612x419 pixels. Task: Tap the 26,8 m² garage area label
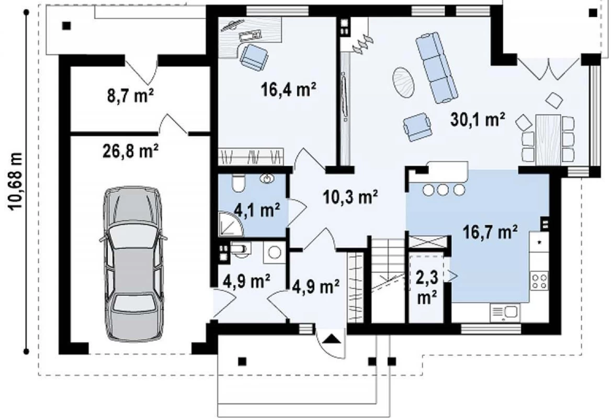pyautogui.click(x=131, y=150)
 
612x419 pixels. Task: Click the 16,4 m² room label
pyautogui.click(x=288, y=90)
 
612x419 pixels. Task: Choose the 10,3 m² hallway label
pyautogui.click(x=350, y=196)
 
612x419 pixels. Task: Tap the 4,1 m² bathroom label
pyautogui.click(x=257, y=211)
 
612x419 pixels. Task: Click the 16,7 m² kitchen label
pyautogui.click(x=490, y=232)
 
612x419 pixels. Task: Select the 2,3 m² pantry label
pyautogui.click(x=427, y=288)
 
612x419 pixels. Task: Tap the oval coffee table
pyautogui.click(x=403, y=82)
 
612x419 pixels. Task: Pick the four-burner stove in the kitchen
pyautogui.click(x=539, y=281)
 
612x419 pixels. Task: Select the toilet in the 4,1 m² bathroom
pyautogui.click(x=237, y=183)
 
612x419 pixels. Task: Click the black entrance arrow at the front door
pyautogui.click(x=331, y=338)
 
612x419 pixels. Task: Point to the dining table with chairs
pyautogui.click(x=548, y=139)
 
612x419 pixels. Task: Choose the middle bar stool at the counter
pyautogui.click(x=443, y=190)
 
